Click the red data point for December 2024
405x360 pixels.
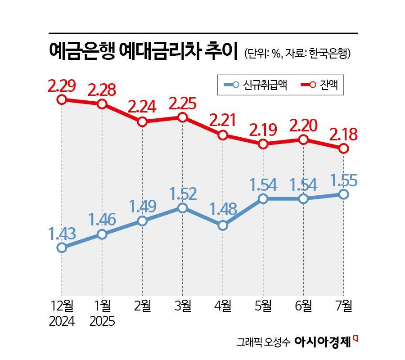click(62, 99)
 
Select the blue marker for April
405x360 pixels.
click(223, 225)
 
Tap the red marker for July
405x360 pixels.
click(344, 148)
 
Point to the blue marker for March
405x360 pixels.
click(182, 207)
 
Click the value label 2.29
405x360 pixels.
click(62, 85)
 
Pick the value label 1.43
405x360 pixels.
click(62, 234)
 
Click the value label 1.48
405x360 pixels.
click(223, 211)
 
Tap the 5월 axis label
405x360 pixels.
click(263, 306)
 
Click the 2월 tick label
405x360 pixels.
click(142, 306)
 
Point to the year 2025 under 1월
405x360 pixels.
click(102, 322)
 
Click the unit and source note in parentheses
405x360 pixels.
click(297, 53)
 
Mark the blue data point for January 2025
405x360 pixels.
click(102, 234)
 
